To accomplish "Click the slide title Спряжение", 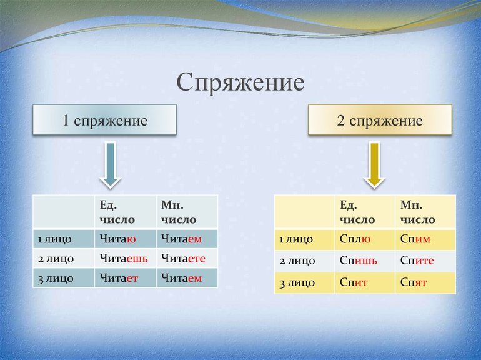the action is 241,83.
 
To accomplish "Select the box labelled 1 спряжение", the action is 104,120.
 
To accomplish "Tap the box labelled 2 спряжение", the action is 380,120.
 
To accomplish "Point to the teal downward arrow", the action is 111,165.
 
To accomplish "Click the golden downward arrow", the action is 374,165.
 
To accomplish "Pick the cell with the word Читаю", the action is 125,239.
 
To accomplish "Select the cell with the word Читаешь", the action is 125,258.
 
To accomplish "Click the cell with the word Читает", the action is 125,278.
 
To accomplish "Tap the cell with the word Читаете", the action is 187,258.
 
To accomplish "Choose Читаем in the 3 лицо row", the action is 187,278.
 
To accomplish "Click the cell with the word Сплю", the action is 365,239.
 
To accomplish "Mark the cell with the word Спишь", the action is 365,261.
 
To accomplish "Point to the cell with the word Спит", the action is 365,282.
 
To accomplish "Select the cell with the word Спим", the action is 425,239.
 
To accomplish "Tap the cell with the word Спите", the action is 425,261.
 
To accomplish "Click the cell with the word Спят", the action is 425,282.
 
